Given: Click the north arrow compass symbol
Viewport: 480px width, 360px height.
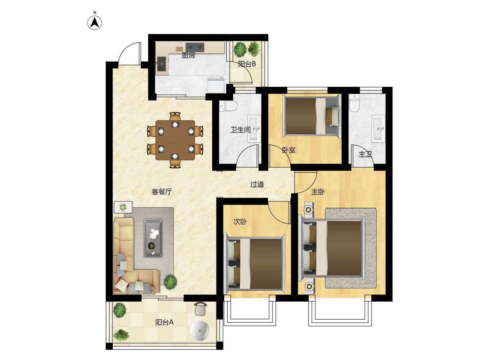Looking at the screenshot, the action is (x=95, y=23).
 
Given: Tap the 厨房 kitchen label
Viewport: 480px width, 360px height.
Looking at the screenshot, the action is (x=188, y=55).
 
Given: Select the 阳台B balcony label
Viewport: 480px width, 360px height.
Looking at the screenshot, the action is (x=247, y=64).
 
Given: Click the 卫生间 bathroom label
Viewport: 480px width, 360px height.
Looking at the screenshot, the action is (x=240, y=130).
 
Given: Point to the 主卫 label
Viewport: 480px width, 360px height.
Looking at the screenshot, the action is (x=366, y=154).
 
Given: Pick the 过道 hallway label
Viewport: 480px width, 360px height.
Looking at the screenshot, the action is (x=257, y=184).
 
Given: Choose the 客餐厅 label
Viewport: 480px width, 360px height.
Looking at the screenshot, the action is (x=162, y=192).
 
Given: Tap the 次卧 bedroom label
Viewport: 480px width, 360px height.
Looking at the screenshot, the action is (x=240, y=222).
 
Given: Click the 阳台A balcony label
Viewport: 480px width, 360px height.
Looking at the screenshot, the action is (x=164, y=322).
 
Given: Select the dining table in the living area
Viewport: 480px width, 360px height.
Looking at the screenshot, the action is (x=175, y=140).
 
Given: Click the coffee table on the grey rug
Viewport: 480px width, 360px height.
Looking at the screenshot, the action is (x=153, y=238).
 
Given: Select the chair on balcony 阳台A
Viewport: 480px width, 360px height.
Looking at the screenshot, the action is (x=200, y=309).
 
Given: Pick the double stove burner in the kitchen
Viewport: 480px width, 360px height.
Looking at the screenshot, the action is (x=195, y=47).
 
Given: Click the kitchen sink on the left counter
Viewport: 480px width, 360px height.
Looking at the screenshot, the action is (x=162, y=64).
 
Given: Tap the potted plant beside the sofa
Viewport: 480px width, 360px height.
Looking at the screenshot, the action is (x=170, y=282).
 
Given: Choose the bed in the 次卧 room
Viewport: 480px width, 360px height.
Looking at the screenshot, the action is (x=254, y=264).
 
